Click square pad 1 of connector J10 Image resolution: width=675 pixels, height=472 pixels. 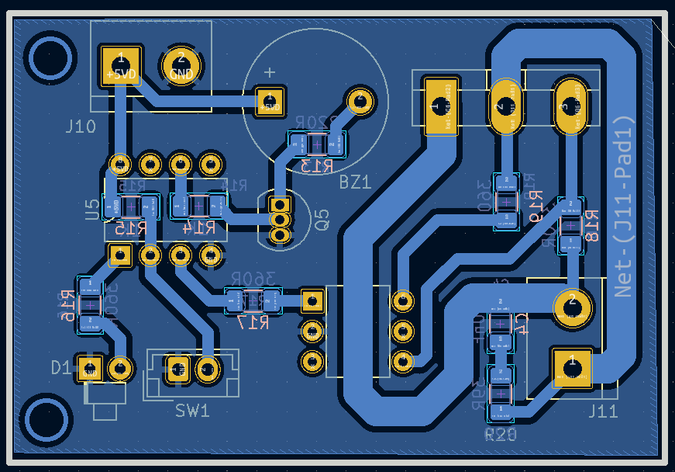(x=121, y=66)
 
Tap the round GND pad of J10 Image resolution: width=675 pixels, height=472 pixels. (x=181, y=66)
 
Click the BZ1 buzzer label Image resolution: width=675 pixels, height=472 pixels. (x=355, y=182)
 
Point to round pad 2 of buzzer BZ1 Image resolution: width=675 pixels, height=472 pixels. (x=359, y=100)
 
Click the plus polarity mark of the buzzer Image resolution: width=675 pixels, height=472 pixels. (x=270, y=72)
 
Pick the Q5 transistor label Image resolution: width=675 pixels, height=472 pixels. (x=322, y=219)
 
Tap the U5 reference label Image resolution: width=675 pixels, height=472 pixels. (x=92, y=207)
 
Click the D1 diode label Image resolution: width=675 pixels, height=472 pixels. (x=60, y=367)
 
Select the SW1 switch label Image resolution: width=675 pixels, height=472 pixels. (x=192, y=410)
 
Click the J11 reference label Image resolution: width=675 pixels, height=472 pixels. (x=603, y=411)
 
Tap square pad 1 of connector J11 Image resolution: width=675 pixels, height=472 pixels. (x=572, y=368)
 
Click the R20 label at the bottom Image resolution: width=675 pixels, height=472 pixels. (x=501, y=435)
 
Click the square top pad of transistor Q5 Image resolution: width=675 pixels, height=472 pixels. (x=278, y=205)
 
